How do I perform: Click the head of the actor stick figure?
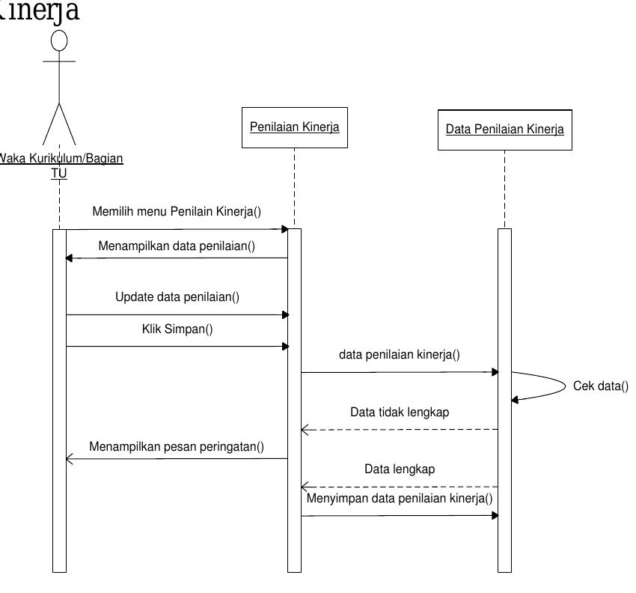coord(59,39)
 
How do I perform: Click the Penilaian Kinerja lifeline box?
coord(294,127)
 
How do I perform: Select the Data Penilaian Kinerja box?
coord(504,129)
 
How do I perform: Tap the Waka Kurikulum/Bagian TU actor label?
coord(60,165)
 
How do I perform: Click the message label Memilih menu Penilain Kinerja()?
coord(177,212)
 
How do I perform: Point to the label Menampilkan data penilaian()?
coord(177,246)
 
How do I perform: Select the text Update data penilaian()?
coord(177,297)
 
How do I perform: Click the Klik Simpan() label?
coord(177,329)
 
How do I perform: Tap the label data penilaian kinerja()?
coord(400,355)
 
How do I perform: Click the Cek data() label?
coord(600,386)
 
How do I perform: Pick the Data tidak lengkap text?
coord(400,412)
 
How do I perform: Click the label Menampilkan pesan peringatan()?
coord(177,447)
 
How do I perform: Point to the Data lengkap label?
coord(400,469)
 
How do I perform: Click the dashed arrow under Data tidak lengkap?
coord(400,430)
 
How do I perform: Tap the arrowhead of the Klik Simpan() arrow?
coord(284,346)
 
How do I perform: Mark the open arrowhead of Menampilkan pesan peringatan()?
coord(70,459)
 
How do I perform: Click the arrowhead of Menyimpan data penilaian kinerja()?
coord(494,515)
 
